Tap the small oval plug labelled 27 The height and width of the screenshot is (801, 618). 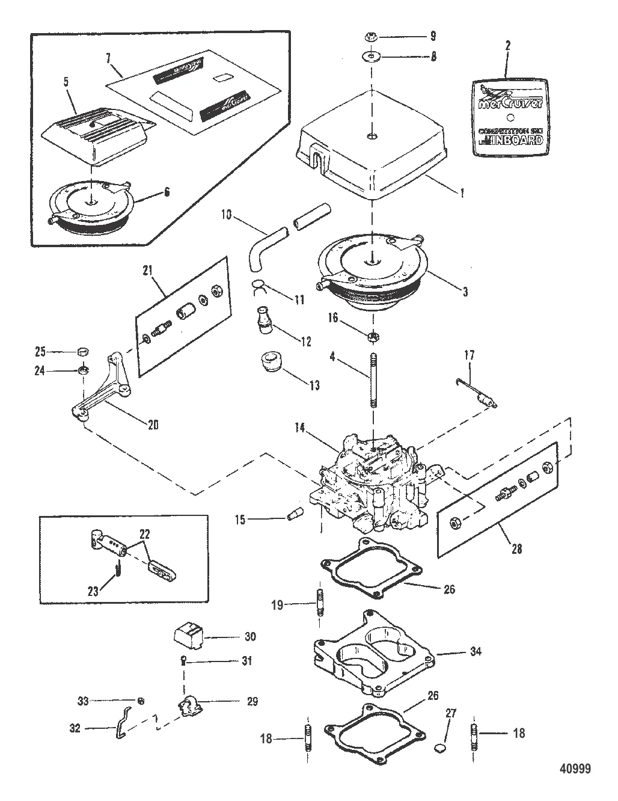tap(439, 749)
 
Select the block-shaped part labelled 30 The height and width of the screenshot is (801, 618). tap(187, 636)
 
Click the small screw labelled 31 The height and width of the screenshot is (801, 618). tap(183, 660)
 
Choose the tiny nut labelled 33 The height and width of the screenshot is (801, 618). tap(139, 700)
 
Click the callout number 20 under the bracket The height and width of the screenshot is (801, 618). tap(153, 425)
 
